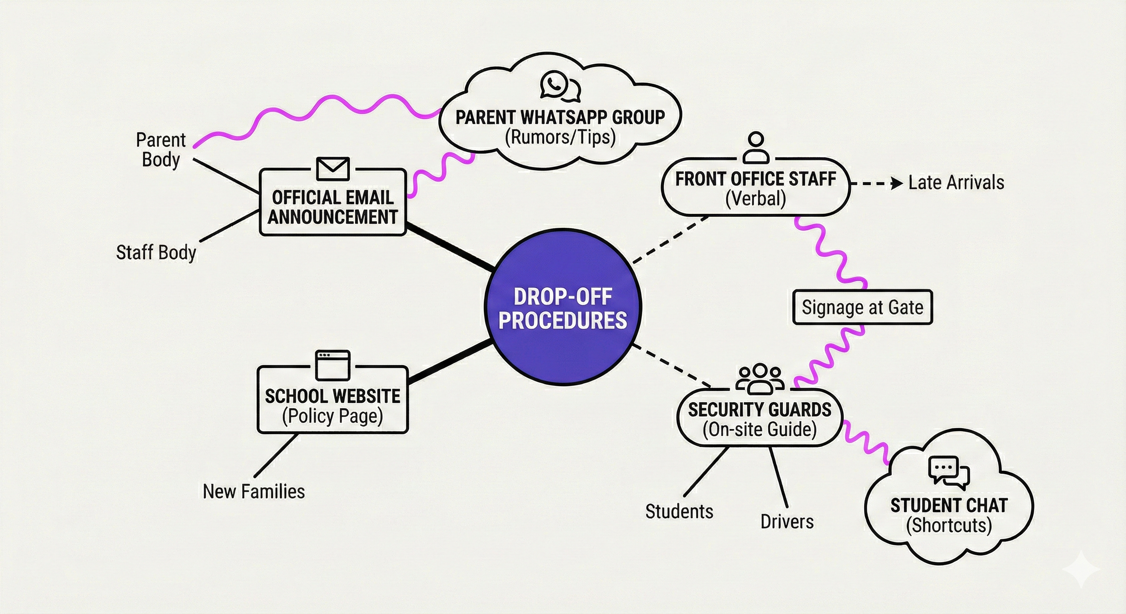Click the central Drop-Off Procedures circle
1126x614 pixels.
[563, 308]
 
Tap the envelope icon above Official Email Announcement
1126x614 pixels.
[333, 169]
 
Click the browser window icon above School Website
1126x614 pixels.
[333, 365]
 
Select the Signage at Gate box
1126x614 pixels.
[862, 307]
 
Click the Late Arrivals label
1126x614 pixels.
[956, 183]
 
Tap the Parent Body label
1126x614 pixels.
[161, 150]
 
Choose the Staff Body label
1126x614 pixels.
[156, 253]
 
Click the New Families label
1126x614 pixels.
[254, 492]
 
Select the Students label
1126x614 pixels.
[679, 511]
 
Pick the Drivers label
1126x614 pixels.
[787, 521]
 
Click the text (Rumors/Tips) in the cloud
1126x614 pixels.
[560, 137]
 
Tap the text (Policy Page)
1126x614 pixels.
[332, 416]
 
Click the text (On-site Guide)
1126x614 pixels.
[760, 429]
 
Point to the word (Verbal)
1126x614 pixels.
[755, 199]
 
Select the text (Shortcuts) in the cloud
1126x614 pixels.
[948, 525]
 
